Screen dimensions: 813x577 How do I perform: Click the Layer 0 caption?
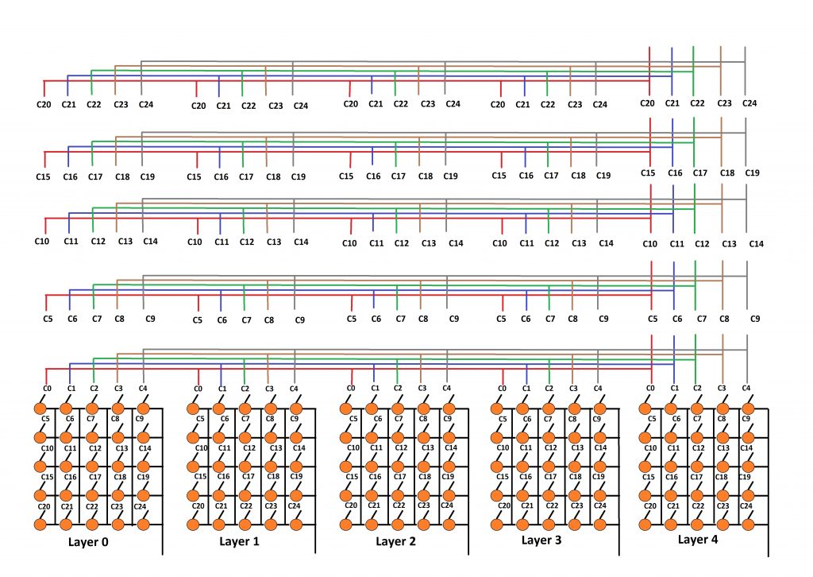pos(88,542)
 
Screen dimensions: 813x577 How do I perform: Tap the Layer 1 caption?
pos(239,542)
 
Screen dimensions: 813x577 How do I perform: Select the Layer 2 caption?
pos(395,542)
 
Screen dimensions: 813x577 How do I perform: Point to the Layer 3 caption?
pos(541,540)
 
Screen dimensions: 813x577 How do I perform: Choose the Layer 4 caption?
pos(698,540)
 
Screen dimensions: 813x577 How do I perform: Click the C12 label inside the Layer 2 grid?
pos(401,447)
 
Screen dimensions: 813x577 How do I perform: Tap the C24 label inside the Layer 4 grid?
pos(746,506)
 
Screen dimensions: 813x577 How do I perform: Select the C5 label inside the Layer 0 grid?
pos(45,419)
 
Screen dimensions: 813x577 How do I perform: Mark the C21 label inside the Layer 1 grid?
pos(221,506)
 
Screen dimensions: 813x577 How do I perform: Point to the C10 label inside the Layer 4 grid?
pos(650,447)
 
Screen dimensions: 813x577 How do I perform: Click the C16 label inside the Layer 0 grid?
pos(70,477)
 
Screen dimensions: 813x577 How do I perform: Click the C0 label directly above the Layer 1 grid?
pos(198,389)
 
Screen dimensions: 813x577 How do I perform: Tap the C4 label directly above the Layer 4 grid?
pos(746,388)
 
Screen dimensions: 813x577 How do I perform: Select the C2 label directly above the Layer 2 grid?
pos(398,388)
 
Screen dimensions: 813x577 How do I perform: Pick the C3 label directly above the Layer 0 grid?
pos(118,388)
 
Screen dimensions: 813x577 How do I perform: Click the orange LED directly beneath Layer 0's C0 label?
pos(40,409)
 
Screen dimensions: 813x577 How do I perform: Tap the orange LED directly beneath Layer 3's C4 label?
pos(599,409)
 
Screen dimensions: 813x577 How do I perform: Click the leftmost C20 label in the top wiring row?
pos(44,104)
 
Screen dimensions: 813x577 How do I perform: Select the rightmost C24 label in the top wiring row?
pos(749,103)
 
